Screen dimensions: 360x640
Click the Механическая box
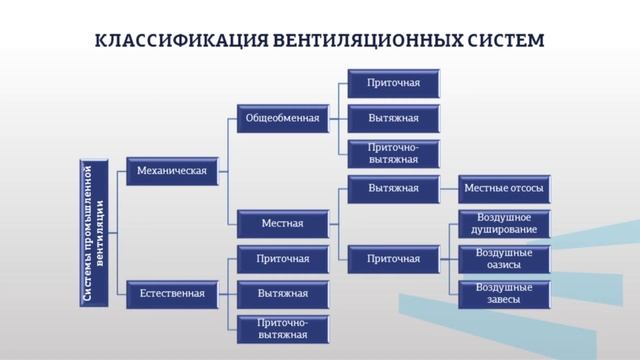click(172, 171)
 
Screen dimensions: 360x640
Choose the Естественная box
click(172, 293)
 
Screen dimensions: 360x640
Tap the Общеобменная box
click(283, 118)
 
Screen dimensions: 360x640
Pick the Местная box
click(283, 221)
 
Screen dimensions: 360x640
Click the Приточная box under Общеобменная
click(393, 83)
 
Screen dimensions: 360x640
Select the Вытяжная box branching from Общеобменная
click(393, 118)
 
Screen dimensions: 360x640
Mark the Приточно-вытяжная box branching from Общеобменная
click(393, 153)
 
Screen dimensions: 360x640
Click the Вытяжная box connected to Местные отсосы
click(393, 188)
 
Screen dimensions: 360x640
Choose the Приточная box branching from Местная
click(393, 258)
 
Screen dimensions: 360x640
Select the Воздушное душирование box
click(504, 223)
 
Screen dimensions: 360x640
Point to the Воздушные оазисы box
click(504, 258)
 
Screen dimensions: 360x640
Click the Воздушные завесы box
click(504, 293)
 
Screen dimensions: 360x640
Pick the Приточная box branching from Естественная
click(283, 258)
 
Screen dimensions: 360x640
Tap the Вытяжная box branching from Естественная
click(283, 294)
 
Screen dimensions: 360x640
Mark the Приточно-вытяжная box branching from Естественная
click(283, 328)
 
